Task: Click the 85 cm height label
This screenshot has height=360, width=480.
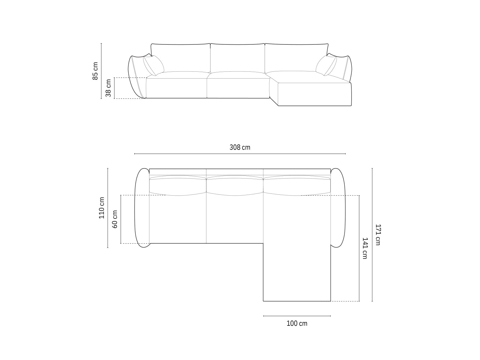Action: coord(95,71)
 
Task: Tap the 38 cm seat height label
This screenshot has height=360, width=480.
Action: coord(108,88)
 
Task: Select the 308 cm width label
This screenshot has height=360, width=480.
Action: coord(240,147)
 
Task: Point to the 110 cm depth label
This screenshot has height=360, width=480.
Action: coord(102,208)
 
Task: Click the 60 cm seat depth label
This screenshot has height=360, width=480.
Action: coord(115,219)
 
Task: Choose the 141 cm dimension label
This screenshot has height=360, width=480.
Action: coord(365,248)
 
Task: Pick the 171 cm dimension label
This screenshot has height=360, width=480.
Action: coord(378,235)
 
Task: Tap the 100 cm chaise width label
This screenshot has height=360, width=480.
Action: coord(297,323)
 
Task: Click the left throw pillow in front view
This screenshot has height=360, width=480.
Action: coord(153,65)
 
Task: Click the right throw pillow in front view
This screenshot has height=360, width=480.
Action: coord(326,65)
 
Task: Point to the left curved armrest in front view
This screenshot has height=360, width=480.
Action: coord(136,76)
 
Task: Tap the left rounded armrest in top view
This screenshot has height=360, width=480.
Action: coord(142,208)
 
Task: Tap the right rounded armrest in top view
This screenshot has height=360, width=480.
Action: coord(338,208)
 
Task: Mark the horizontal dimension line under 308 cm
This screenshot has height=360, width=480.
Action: coord(240,154)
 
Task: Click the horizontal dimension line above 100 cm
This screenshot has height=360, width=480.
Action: coord(297,316)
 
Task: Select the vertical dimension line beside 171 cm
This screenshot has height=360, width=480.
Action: coord(372,235)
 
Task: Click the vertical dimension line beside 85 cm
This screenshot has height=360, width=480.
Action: coord(101,71)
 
